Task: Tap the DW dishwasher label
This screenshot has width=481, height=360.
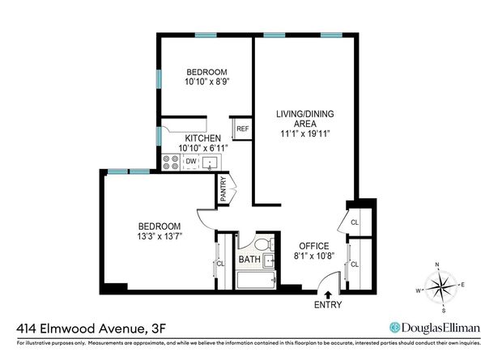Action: [x=191, y=162]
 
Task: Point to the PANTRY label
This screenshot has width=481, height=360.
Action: [x=223, y=190]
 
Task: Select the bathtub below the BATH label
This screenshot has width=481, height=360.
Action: [x=256, y=281]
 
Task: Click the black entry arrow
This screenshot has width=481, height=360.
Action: [x=328, y=281]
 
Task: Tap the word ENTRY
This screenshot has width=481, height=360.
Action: [x=328, y=305]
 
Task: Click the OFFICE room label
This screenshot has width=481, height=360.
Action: [x=314, y=246]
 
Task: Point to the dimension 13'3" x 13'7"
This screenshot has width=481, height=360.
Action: [x=158, y=237]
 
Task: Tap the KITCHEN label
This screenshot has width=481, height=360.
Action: [x=202, y=138]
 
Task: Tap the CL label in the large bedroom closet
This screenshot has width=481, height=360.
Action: [x=219, y=265]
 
